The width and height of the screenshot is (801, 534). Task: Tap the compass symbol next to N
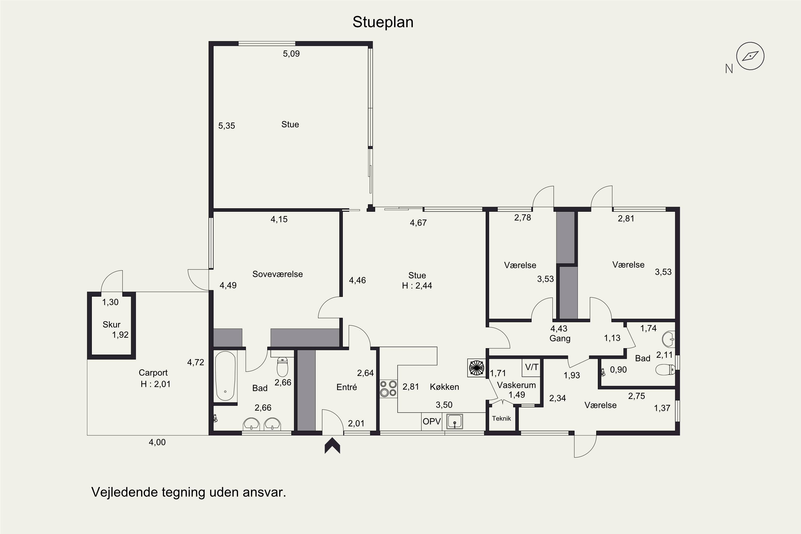(x=750, y=56)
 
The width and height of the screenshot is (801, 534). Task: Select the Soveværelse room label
(x=278, y=274)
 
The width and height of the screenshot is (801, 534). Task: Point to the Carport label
(x=153, y=372)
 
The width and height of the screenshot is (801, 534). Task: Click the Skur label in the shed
(x=111, y=325)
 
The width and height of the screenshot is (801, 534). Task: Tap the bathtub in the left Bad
(x=225, y=376)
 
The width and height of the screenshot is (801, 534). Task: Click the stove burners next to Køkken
(x=388, y=388)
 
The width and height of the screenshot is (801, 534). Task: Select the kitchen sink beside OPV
(x=454, y=422)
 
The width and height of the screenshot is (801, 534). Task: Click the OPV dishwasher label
(x=432, y=422)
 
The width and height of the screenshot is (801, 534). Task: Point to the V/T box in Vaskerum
(x=532, y=367)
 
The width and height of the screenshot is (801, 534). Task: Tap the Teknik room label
(x=501, y=419)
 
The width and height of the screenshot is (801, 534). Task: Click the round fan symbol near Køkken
(x=476, y=368)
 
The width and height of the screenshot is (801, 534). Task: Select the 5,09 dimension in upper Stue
(x=291, y=54)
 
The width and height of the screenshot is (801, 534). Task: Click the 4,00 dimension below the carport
(x=157, y=442)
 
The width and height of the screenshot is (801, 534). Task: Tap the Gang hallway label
(x=560, y=339)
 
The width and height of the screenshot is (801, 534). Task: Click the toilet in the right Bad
(x=665, y=370)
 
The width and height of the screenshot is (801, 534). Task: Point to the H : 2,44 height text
(x=417, y=286)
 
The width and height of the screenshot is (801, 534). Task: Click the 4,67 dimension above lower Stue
(x=418, y=223)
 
